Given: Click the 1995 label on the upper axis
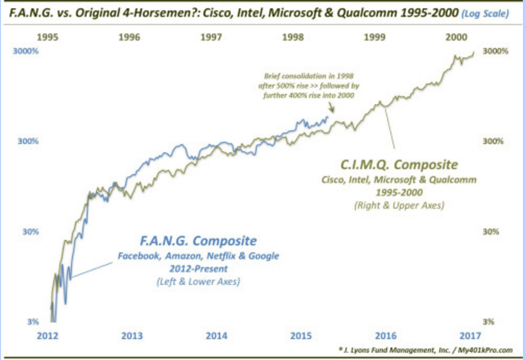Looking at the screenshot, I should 47,38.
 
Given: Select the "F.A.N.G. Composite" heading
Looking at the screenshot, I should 198,241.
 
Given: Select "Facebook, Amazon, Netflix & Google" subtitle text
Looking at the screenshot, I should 198,256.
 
